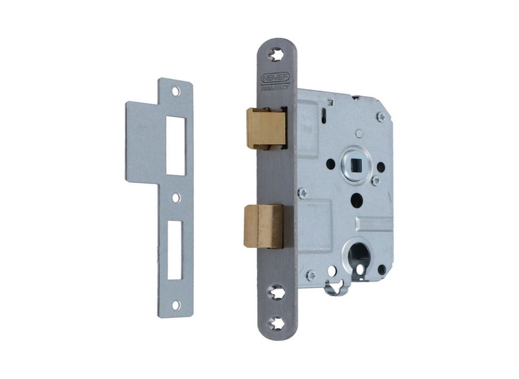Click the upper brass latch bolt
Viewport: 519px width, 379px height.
tap(266, 127)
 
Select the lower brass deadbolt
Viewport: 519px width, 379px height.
tap(263, 226)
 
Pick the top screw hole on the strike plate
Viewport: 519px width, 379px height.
tap(176, 92)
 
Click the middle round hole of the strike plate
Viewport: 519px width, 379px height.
tap(176, 198)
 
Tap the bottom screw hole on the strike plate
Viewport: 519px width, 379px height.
tap(176, 305)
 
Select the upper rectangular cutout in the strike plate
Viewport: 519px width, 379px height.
tap(176, 143)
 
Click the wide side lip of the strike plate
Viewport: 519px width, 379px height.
tap(145, 140)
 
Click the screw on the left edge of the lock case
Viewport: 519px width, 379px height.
tap(302, 192)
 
